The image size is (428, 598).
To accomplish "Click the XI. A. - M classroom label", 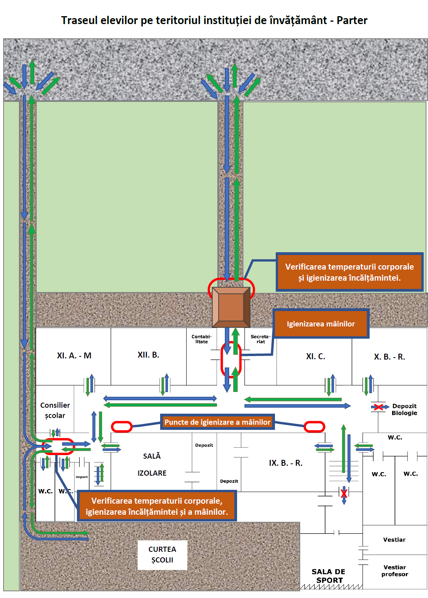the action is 74,356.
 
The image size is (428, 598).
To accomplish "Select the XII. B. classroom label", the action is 148,355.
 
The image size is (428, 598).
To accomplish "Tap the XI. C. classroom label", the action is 316,356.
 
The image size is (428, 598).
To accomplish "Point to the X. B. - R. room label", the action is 389,357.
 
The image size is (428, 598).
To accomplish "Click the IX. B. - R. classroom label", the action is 286,463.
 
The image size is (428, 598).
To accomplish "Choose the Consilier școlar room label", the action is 55,411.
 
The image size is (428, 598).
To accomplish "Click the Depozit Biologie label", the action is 404,409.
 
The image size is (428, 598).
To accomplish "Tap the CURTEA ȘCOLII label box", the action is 162,555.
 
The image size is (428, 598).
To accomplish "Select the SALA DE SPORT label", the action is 329,576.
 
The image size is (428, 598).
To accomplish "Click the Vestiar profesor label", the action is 394,571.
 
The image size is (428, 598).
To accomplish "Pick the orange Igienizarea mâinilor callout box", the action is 321,324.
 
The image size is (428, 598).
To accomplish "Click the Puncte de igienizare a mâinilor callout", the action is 217,422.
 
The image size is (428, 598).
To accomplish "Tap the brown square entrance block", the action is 231,307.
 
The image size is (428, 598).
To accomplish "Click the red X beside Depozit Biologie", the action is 378,407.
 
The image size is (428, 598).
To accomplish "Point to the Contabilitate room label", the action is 202,339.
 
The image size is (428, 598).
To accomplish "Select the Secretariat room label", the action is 261,339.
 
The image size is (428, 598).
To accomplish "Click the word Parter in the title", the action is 352,20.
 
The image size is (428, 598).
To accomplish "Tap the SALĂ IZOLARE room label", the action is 152,465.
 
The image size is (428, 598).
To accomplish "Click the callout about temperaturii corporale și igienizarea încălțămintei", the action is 350,272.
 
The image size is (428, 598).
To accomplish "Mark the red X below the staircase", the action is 344,493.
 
